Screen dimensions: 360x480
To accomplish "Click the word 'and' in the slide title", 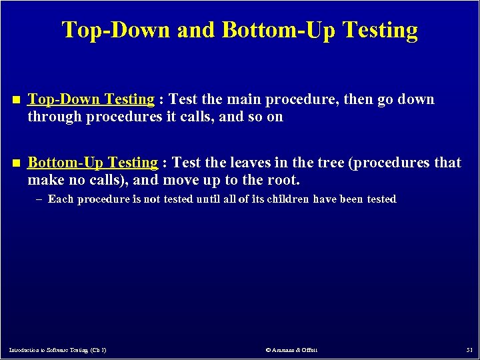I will (x=197, y=30).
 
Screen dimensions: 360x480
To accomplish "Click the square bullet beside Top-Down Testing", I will (x=16, y=100).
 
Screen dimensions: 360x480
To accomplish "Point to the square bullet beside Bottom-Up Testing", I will (x=16, y=163).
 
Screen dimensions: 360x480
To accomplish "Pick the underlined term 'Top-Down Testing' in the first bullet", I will (x=91, y=99).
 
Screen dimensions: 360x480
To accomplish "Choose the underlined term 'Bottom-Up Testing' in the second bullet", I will (x=93, y=163).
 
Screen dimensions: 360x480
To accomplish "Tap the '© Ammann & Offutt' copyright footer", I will (x=291, y=350).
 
